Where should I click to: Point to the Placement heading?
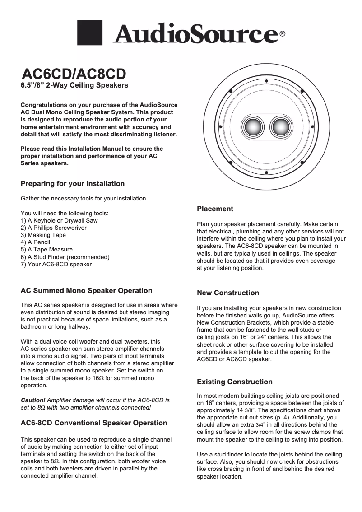pyautogui.click(x=215, y=209)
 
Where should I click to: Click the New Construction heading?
pyautogui.click(x=228, y=293)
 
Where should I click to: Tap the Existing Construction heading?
pyautogui.click(x=235, y=382)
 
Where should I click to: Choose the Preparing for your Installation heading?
pyautogui.click(x=73, y=184)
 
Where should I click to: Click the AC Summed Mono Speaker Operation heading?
pyautogui.click(x=87, y=291)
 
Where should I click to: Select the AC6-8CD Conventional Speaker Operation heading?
pyautogui.click(x=94, y=423)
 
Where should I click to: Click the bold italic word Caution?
pyautogui.click(x=33, y=400)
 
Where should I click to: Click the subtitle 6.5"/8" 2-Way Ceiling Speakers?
pyautogui.click(x=75, y=85)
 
